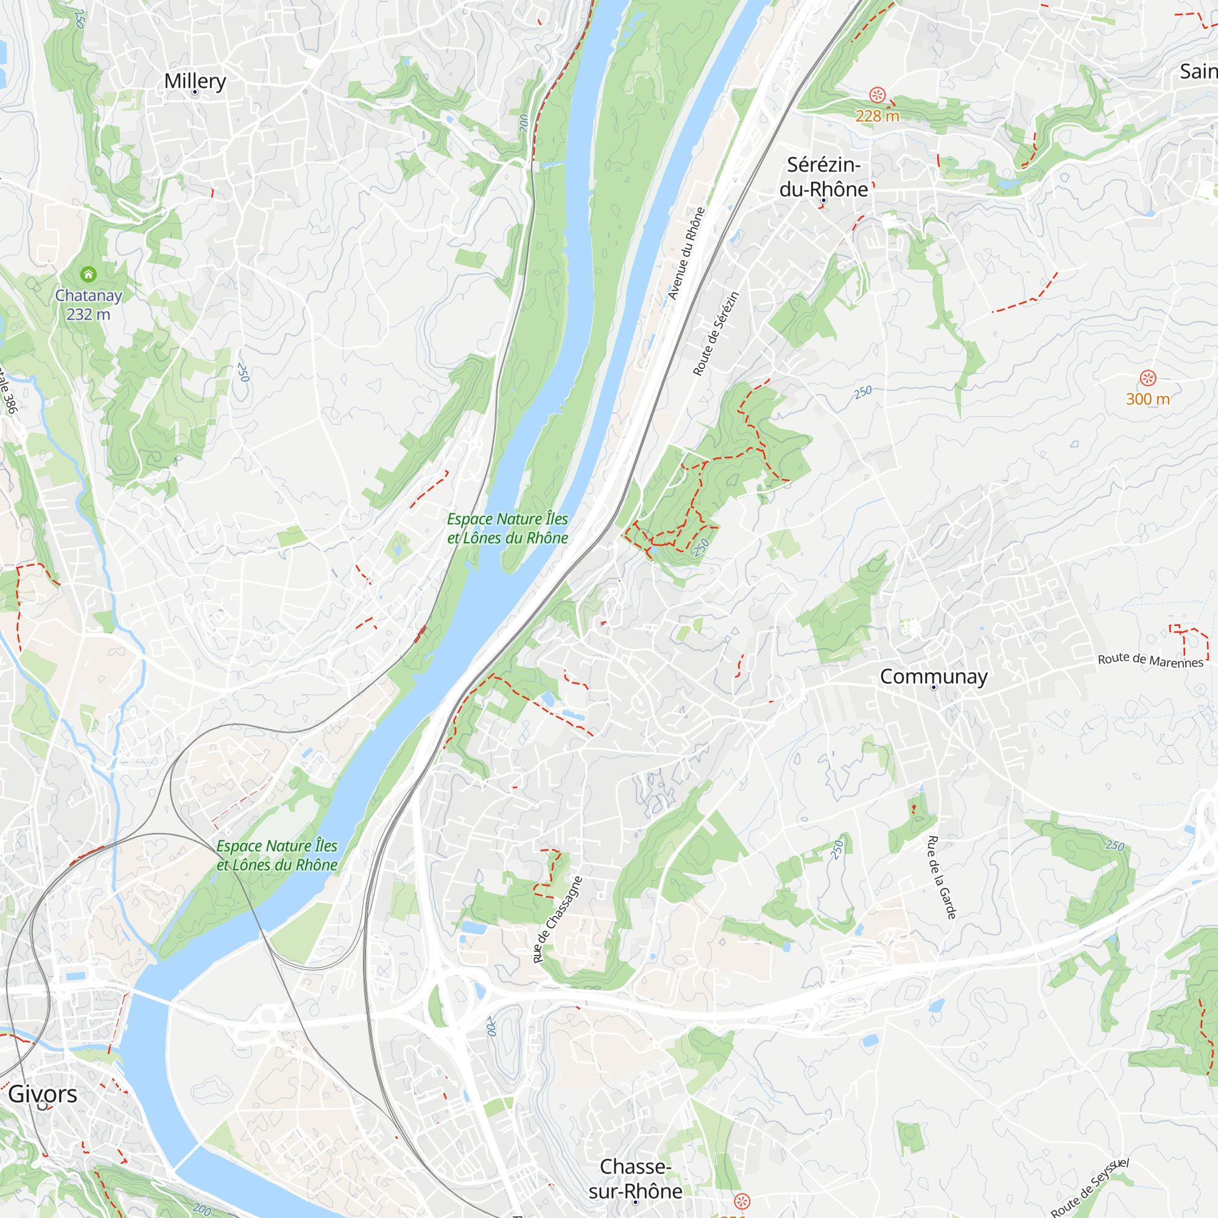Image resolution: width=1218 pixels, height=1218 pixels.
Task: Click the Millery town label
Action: (x=195, y=81)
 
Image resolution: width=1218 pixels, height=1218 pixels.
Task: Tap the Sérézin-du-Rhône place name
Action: (x=823, y=177)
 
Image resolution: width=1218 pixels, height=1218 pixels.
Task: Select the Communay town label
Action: (x=933, y=677)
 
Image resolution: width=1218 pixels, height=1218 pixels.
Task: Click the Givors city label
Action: (x=43, y=1094)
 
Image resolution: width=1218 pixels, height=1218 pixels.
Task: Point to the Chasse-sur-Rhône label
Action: (x=635, y=1178)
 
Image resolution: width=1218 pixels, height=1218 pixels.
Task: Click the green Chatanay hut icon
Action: (x=88, y=274)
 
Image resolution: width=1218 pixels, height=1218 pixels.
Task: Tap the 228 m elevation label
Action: (x=877, y=116)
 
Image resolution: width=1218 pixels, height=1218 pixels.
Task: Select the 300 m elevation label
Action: (x=1147, y=399)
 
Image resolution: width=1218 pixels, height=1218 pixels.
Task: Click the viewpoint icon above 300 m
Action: (x=1148, y=378)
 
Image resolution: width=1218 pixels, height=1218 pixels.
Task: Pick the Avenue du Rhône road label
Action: (x=686, y=253)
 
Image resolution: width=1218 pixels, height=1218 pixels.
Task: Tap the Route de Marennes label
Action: (x=1150, y=660)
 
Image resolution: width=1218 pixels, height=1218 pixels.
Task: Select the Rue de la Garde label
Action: (x=942, y=878)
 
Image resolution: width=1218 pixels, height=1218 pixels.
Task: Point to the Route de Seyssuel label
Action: (x=1090, y=1188)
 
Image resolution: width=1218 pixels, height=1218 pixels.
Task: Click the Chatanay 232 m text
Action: (x=88, y=304)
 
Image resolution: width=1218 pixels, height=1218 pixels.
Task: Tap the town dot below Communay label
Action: (x=934, y=688)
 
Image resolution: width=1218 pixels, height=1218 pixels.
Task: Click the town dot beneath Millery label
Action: (x=195, y=92)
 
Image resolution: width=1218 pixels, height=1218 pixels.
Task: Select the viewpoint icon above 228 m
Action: (x=877, y=95)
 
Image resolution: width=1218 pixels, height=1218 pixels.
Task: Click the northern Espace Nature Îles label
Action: (x=507, y=528)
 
